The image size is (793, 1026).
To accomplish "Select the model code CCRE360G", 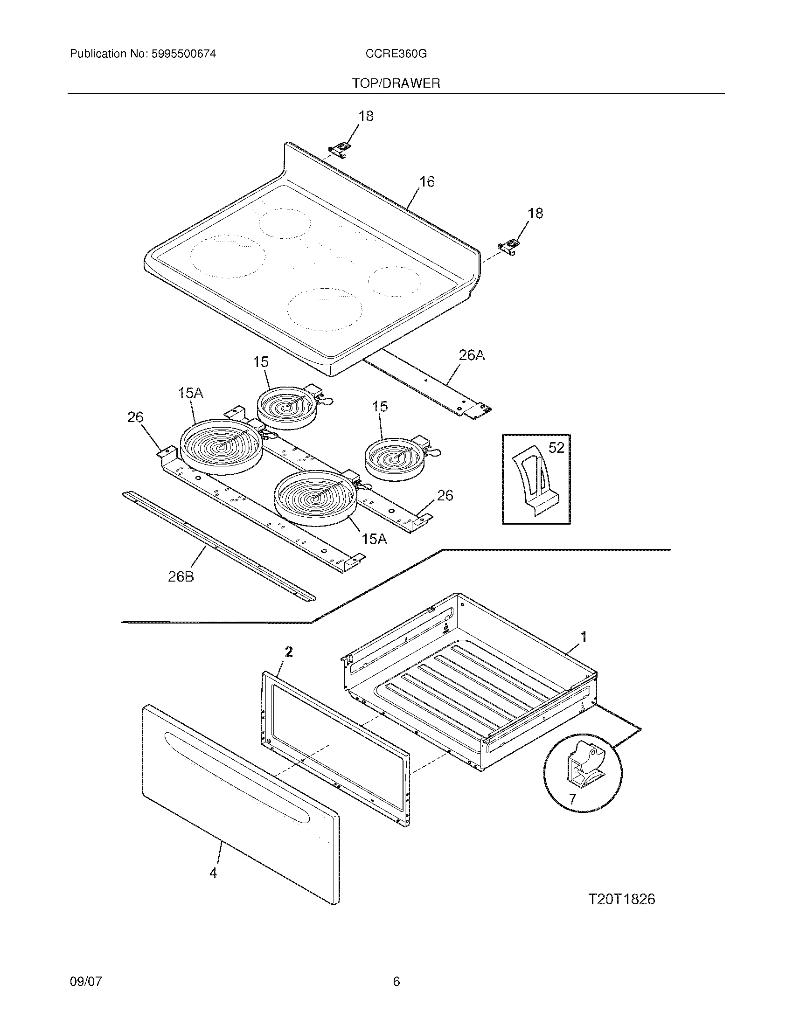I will [x=396, y=54].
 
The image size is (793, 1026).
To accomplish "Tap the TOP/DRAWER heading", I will [x=396, y=83].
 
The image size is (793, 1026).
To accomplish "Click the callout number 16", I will [x=426, y=181].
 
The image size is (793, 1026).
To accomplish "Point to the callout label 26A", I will [x=471, y=356].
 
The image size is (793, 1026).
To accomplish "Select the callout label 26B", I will [x=181, y=576].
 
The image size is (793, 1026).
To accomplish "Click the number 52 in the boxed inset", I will [x=556, y=448].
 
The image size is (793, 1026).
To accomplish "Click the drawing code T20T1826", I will [x=621, y=899].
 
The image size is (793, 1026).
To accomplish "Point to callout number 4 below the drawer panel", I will [x=213, y=873].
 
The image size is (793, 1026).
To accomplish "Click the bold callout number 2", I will [x=289, y=652].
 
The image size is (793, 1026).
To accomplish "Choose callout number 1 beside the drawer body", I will [x=583, y=638].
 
